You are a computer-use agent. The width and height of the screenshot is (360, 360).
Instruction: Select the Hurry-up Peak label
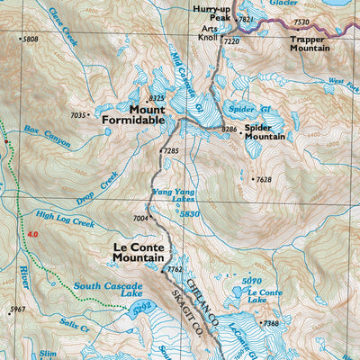(212, 13)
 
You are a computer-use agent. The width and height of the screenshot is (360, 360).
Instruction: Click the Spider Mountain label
(264, 131)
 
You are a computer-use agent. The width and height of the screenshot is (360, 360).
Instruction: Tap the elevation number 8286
(229, 130)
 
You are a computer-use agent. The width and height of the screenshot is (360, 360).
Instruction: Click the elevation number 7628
(263, 180)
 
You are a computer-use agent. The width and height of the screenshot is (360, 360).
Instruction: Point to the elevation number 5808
(31, 40)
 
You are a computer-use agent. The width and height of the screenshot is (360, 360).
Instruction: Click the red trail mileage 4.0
(33, 235)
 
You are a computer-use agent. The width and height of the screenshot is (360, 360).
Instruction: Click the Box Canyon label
(46, 136)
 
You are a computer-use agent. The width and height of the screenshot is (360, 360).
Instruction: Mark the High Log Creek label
(65, 219)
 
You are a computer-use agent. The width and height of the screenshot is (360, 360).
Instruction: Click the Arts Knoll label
(209, 34)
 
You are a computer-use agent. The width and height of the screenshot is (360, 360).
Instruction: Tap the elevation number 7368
(271, 323)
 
